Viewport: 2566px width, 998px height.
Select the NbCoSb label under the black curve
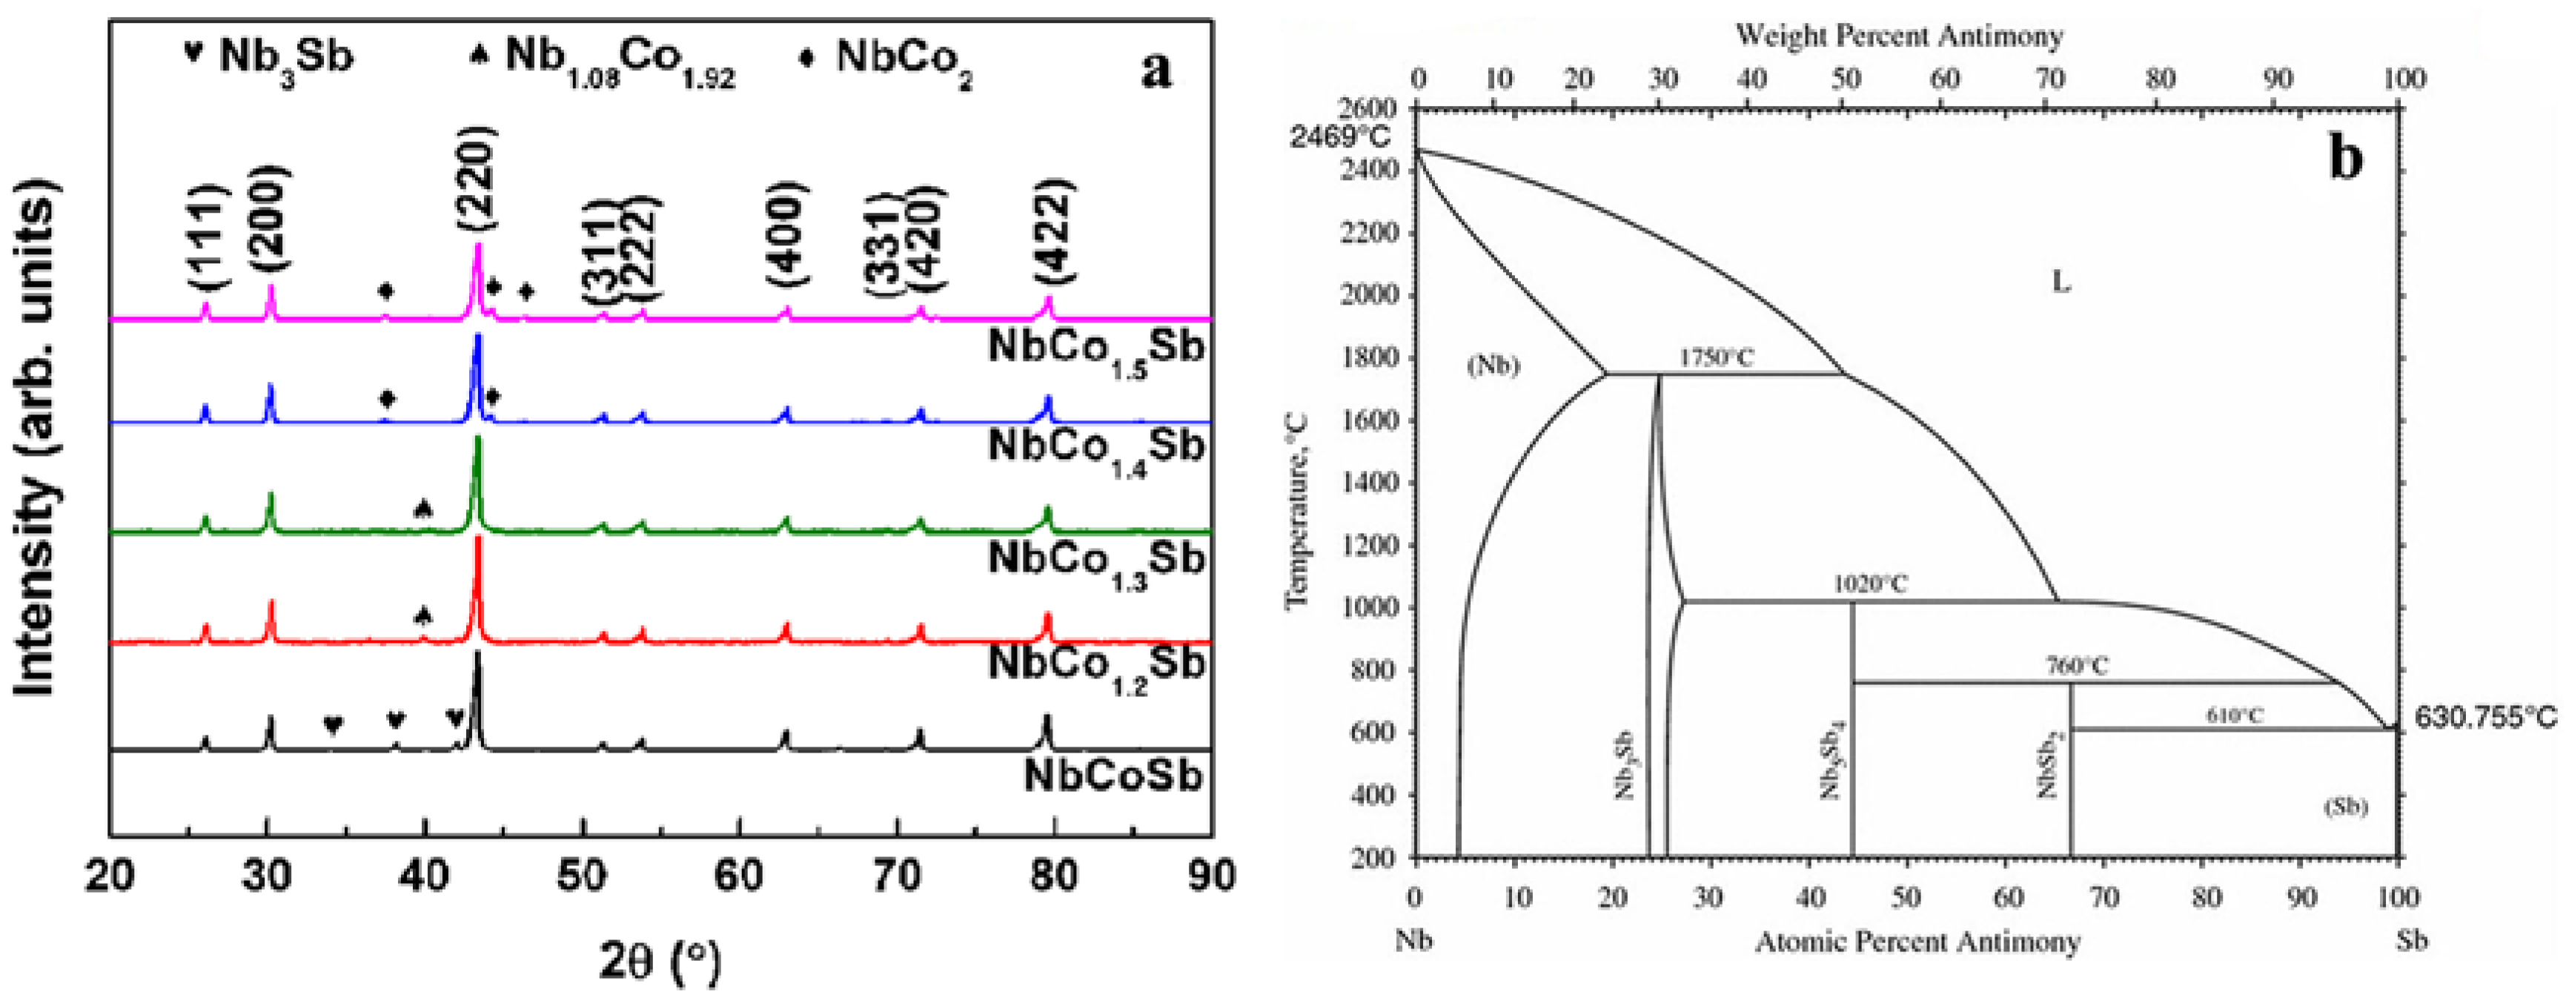[1113, 776]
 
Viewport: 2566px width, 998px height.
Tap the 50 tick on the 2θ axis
[582, 876]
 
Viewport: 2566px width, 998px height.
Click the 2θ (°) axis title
[660, 960]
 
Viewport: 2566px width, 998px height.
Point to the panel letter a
[1156, 70]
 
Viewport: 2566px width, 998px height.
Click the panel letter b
[2345, 157]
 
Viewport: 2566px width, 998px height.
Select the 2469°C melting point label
[1340, 136]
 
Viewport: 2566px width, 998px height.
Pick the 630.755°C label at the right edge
[2485, 717]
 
